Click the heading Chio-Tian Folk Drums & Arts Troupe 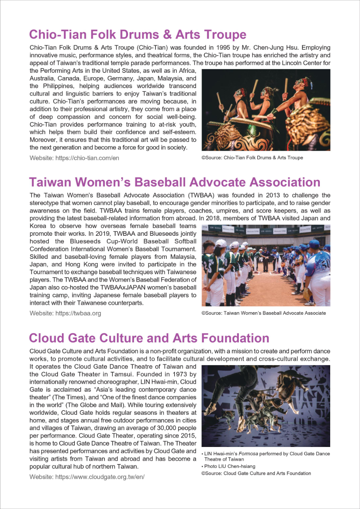[x=138, y=34]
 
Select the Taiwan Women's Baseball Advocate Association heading [x=174, y=182]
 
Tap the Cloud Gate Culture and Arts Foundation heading [x=149, y=338]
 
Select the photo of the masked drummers [x=266, y=110]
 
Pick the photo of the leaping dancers [x=266, y=406]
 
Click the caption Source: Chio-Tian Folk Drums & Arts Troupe [x=252, y=157]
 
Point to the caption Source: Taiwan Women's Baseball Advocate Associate [x=263, y=313]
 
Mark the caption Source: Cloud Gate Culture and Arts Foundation [x=256, y=473]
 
